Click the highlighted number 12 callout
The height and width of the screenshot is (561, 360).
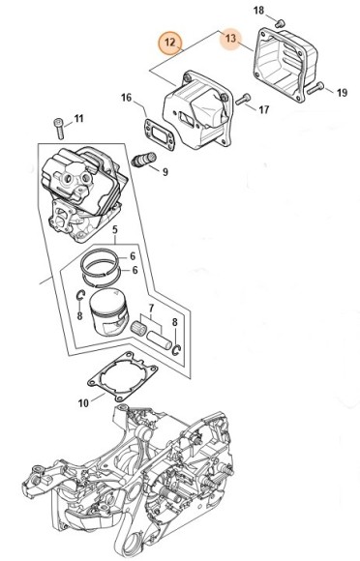click(x=170, y=43)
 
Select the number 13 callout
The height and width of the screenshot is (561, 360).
click(x=231, y=38)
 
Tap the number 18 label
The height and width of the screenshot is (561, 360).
click(x=258, y=11)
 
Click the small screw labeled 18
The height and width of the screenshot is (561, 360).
click(x=279, y=23)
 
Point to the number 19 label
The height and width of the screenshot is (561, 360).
click(x=342, y=93)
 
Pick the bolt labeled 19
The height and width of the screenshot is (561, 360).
click(x=315, y=88)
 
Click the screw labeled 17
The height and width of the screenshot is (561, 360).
click(x=243, y=99)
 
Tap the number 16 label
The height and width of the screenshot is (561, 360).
click(x=126, y=98)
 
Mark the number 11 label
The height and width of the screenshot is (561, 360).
click(x=78, y=118)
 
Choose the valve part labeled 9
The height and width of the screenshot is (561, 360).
click(x=143, y=159)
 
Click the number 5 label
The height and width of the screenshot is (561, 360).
click(x=115, y=229)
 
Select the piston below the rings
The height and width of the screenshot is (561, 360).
click(x=108, y=312)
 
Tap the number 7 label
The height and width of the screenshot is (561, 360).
click(x=151, y=308)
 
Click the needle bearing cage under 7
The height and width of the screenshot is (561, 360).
click(x=138, y=328)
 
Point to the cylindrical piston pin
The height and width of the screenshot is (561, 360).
click(x=160, y=340)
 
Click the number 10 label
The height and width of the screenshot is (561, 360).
click(x=83, y=403)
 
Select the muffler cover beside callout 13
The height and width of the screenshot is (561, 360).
click(x=285, y=65)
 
